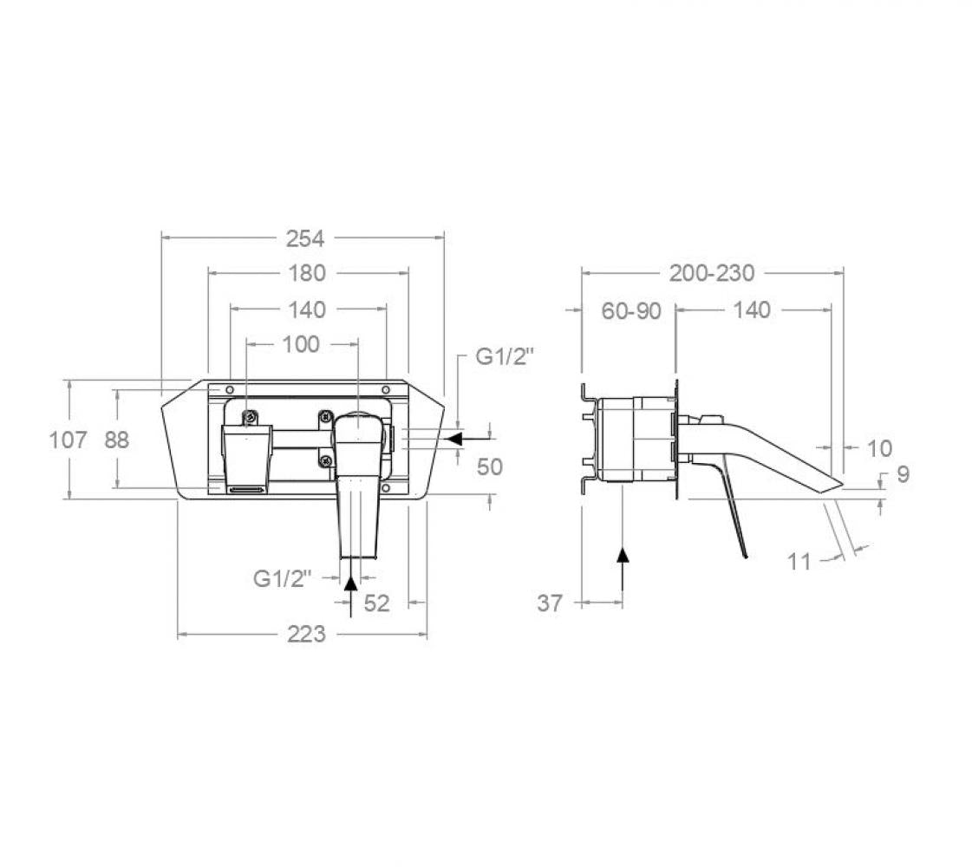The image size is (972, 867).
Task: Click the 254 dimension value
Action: pyautogui.click(x=305, y=238)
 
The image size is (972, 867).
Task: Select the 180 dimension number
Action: pyautogui.click(x=308, y=273)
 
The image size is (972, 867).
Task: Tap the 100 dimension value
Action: pyautogui.click(x=301, y=344)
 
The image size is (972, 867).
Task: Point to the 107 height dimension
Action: pyautogui.click(x=68, y=440)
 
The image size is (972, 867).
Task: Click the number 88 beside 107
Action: pyautogui.click(x=116, y=440)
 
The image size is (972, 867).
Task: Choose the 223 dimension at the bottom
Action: pyautogui.click(x=306, y=635)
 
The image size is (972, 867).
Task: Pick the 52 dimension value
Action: pyautogui.click(x=376, y=603)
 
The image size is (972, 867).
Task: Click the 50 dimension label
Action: pyautogui.click(x=490, y=466)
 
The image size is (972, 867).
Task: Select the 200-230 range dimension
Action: pyautogui.click(x=712, y=273)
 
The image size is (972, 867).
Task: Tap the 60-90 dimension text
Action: pyautogui.click(x=631, y=311)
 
